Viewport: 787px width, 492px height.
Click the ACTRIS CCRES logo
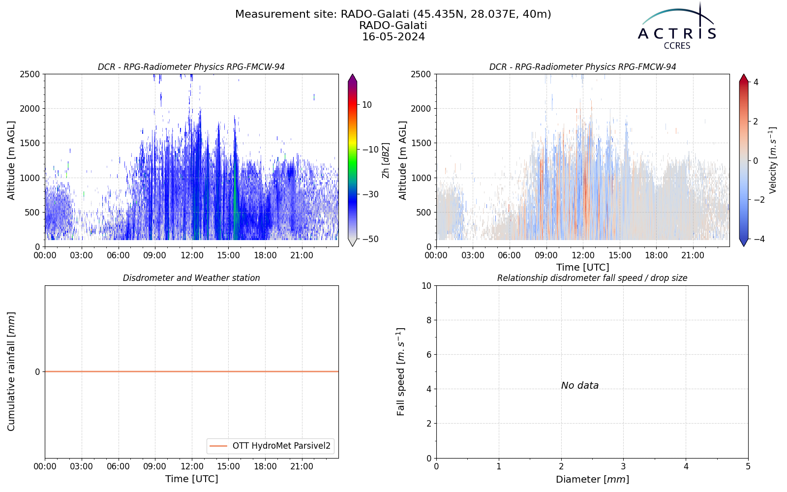[x=677, y=27]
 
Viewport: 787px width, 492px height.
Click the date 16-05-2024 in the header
[x=393, y=37]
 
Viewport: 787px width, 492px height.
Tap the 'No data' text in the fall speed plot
[x=580, y=386]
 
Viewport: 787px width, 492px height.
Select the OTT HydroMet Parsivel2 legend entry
[x=270, y=446]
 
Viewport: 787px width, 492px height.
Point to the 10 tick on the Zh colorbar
[x=367, y=105]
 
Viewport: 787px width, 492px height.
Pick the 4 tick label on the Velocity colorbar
[x=756, y=82]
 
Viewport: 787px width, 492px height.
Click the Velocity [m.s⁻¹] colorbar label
[x=773, y=160]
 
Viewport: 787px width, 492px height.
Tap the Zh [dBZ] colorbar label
[x=386, y=160]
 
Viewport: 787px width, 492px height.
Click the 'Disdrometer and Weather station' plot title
[x=191, y=278]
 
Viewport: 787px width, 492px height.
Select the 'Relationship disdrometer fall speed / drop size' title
[x=592, y=278]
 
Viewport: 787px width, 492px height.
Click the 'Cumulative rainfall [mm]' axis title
[x=11, y=371]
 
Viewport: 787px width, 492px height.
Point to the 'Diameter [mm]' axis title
[x=592, y=479]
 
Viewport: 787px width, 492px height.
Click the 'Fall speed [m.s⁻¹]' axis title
[x=401, y=372]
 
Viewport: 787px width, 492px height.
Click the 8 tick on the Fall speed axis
[x=428, y=320]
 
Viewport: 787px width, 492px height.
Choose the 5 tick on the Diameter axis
[x=748, y=466]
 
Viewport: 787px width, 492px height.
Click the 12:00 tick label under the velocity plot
[x=583, y=255]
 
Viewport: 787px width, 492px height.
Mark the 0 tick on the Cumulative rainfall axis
[x=37, y=372]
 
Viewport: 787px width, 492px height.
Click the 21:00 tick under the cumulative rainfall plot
[x=302, y=467]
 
